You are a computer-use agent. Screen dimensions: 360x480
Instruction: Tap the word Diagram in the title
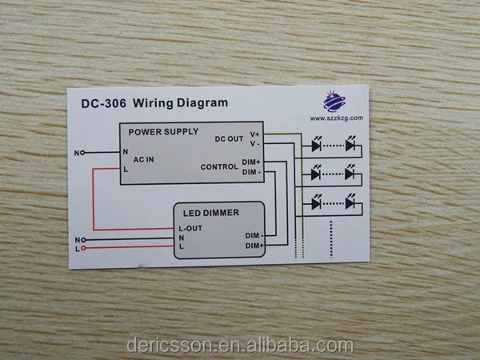pyautogui.click(x=202, y=102)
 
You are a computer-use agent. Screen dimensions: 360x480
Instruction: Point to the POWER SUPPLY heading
pyautogui.click(x=163, y=131)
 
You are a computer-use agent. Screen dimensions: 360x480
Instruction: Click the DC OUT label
pyautogui.click(x=229, y=138)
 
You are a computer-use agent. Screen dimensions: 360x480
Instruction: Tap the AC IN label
pyautogui.click(x=144, y=158)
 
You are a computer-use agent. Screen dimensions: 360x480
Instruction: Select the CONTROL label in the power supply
pyautogui.click(x=218, y=166)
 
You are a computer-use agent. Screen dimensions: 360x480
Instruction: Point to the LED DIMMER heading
pyautogui.click(x=209, y=213)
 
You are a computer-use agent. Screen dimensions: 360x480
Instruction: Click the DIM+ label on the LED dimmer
pyautogui.click(x=254, y=246)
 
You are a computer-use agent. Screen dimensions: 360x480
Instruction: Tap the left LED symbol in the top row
pyautogui.click(x=316, y=146)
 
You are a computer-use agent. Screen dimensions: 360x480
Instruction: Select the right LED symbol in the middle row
pyautogui.click(x=350, y=174)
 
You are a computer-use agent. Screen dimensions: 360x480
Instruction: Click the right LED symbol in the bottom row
pyautogui.click(x=350, y=202)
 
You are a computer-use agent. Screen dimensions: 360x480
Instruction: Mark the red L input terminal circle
pyautogui.click(x=82, y=248)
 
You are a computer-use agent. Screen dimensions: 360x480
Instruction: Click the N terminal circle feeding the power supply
pyautogui.click(x=82, y=151)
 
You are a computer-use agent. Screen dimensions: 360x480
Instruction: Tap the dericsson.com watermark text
pyautogui.click(x=239, y=346)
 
